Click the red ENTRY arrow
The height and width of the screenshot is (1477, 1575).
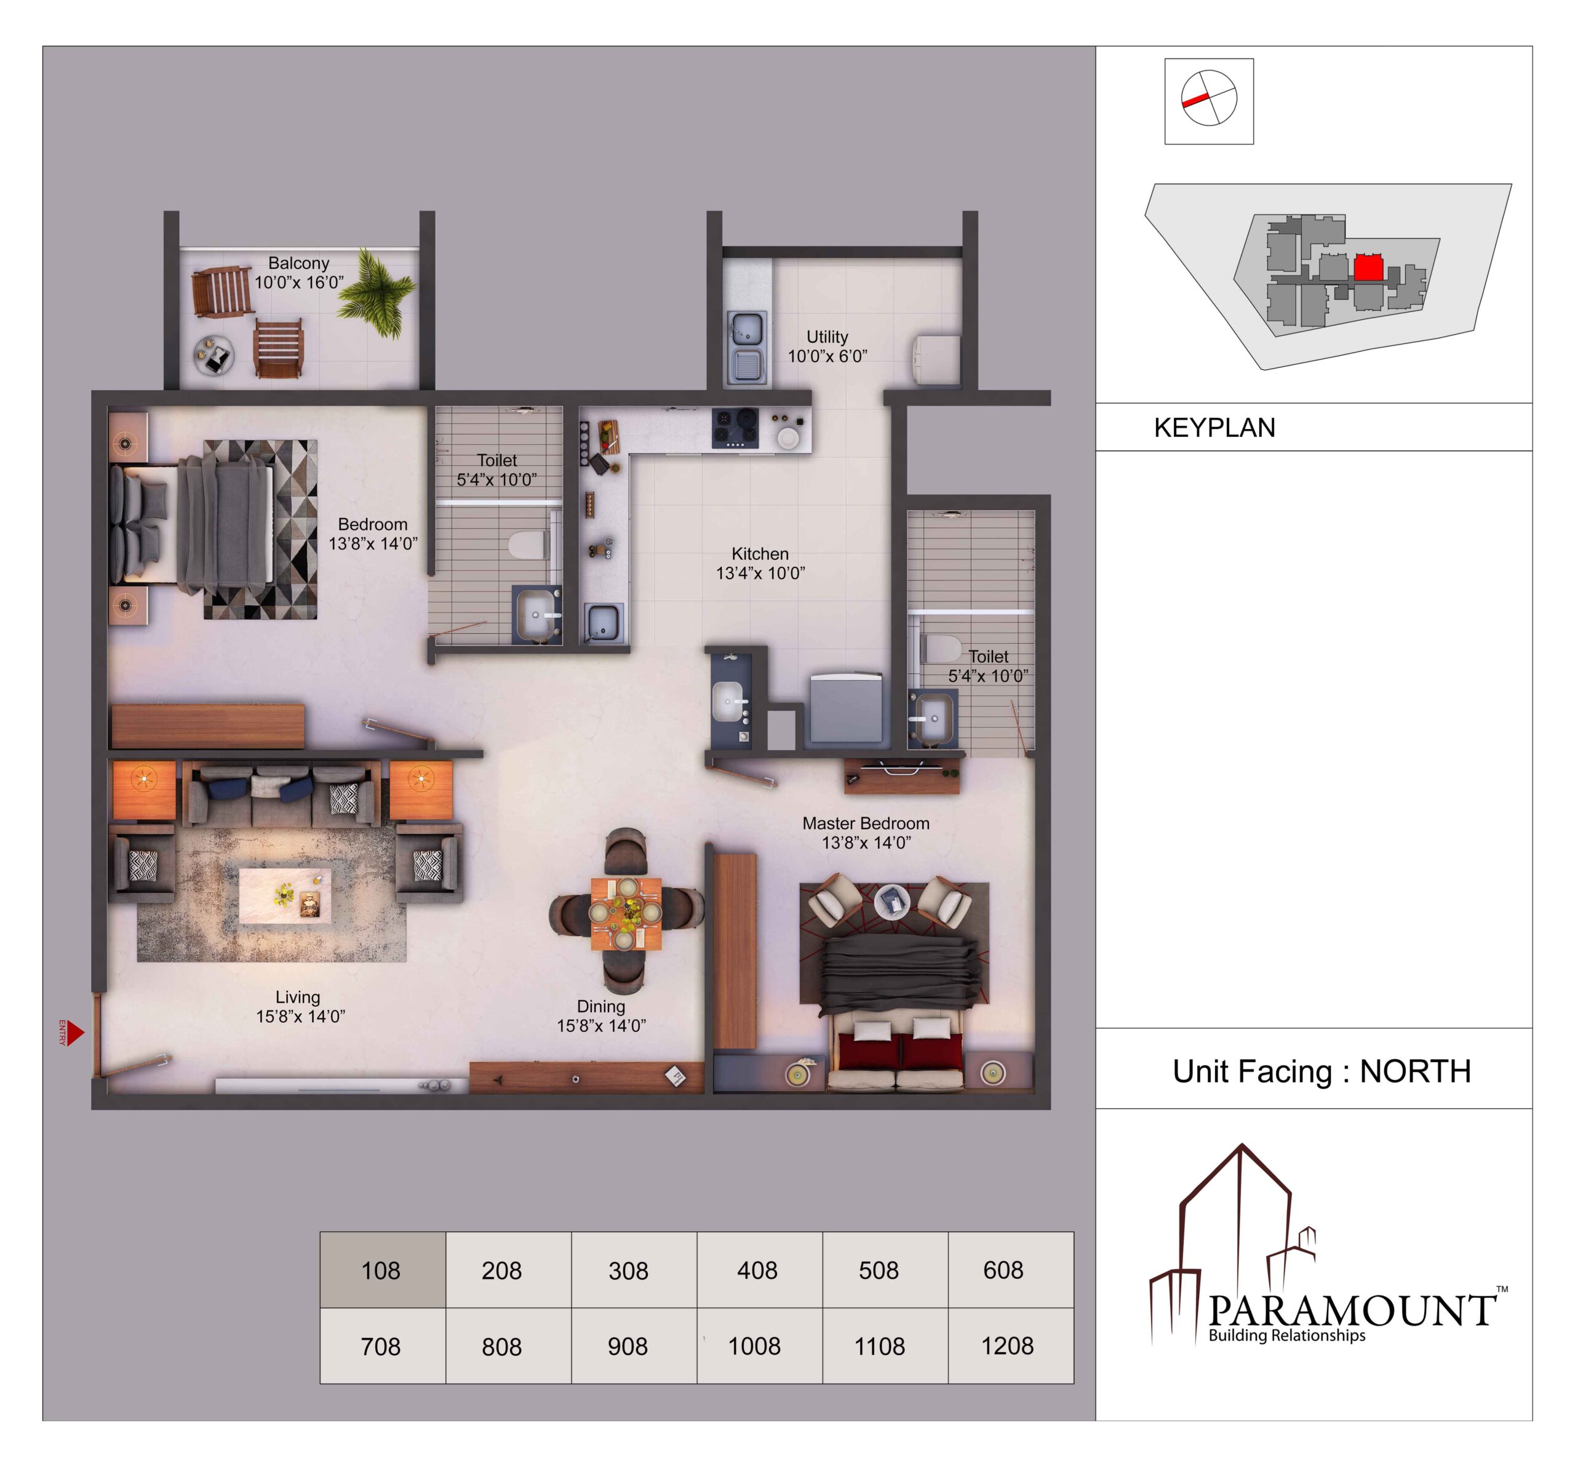point(74,1033)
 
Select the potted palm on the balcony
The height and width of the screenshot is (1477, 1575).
point(375,292)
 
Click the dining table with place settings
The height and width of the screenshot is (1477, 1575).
point(625,914)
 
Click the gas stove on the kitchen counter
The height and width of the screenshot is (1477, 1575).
point(735,428)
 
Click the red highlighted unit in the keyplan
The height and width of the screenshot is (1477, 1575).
point(1368,267)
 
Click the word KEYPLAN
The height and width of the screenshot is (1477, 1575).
point(1214,428)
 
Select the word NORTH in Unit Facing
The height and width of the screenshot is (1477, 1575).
point(1415,1071)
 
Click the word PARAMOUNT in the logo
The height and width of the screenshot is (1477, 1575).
point(1352,1311)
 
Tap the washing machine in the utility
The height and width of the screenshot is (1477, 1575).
point(936,361)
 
